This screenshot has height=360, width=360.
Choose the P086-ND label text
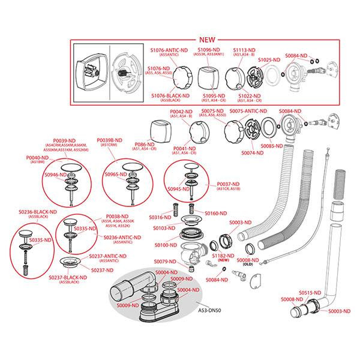146,145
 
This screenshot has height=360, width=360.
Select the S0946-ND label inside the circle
54,174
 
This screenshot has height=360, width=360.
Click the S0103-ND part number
162,228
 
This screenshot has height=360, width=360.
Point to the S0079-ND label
165,261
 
